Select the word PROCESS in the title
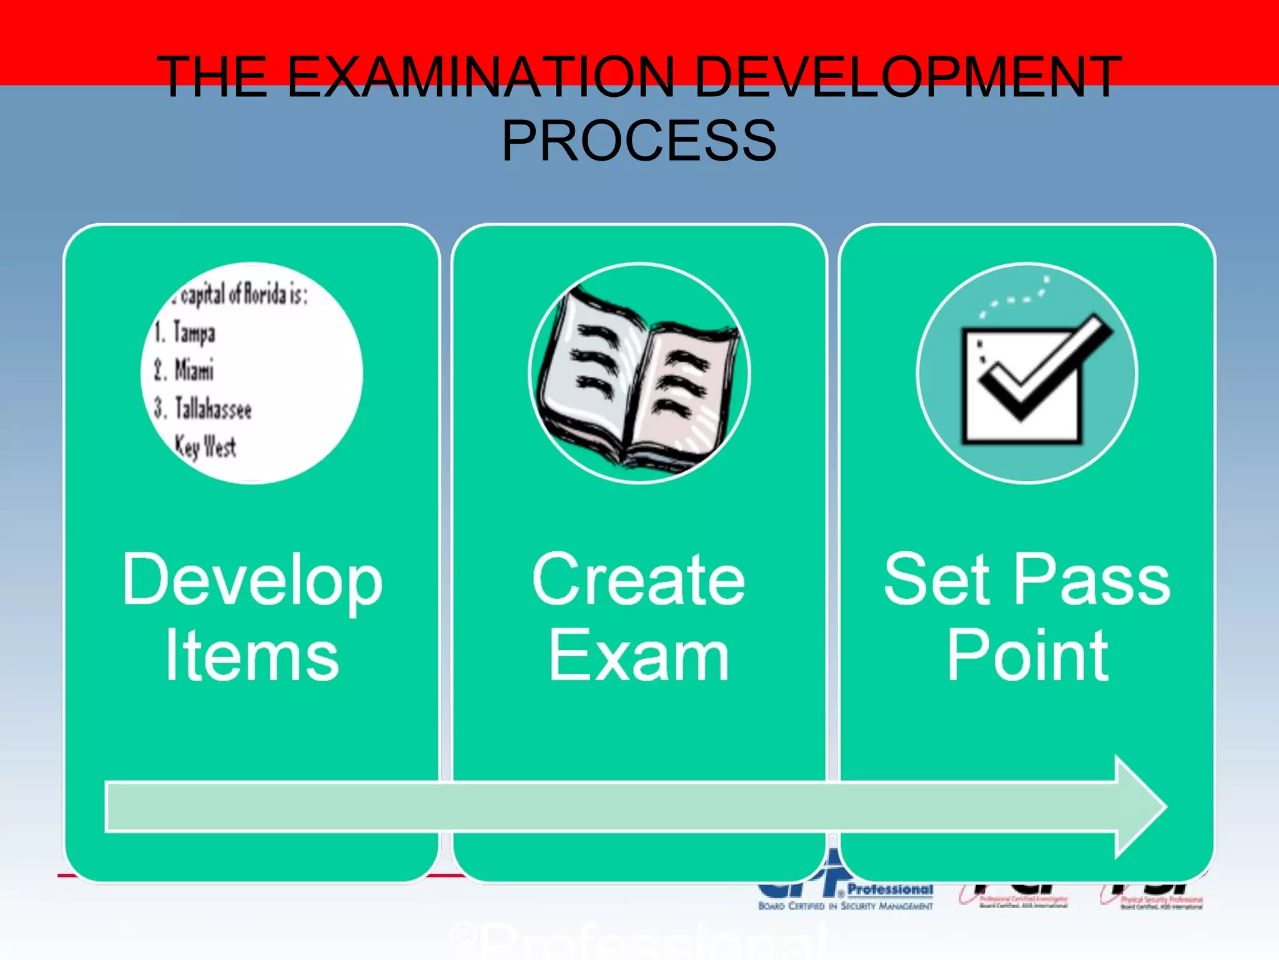639,141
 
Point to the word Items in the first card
252,656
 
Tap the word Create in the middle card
639,580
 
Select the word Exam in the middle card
639,656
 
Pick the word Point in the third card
1027,656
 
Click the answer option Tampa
194,332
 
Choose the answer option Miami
194,370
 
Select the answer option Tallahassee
212,409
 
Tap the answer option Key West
205,446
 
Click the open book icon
639,374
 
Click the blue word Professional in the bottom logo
890,889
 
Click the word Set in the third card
937,580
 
